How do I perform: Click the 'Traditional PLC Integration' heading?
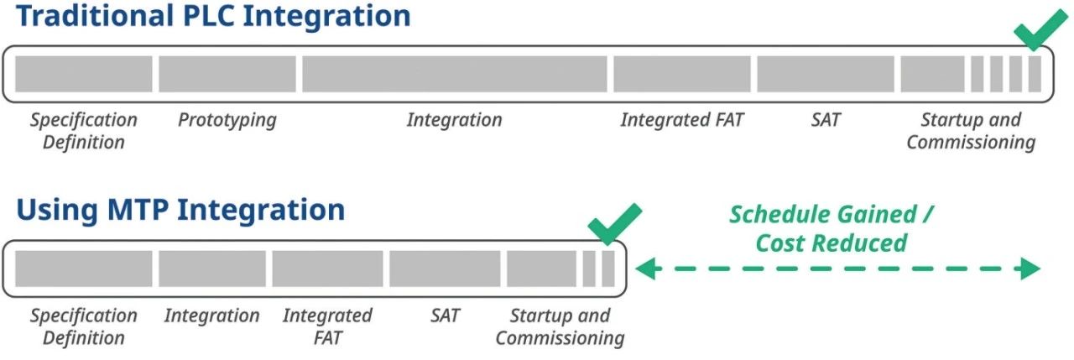[x=213, y=15]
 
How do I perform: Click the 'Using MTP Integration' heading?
[x=180, y=209]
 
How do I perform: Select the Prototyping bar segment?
[x=227, y=74]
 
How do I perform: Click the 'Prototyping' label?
[x=227, y=120]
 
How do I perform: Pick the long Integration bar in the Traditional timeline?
[x=454, y=74]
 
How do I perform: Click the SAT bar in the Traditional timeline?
[x=825, y=74]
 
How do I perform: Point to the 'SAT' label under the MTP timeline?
[x=445, y=316]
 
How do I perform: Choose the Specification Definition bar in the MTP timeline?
[x=84, y=269]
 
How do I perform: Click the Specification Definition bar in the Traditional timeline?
[x=84, y=74]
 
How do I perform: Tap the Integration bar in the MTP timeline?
[x=212, y=269]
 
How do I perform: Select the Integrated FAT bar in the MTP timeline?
[x=327, y=269]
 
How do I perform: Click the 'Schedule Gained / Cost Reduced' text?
[x=831, y=228]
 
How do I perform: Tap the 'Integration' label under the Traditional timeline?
[x=454, y=120]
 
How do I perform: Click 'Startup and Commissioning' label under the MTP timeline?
[x=560, y=327]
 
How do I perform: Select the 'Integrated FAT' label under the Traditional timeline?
[x=681, y=120]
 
